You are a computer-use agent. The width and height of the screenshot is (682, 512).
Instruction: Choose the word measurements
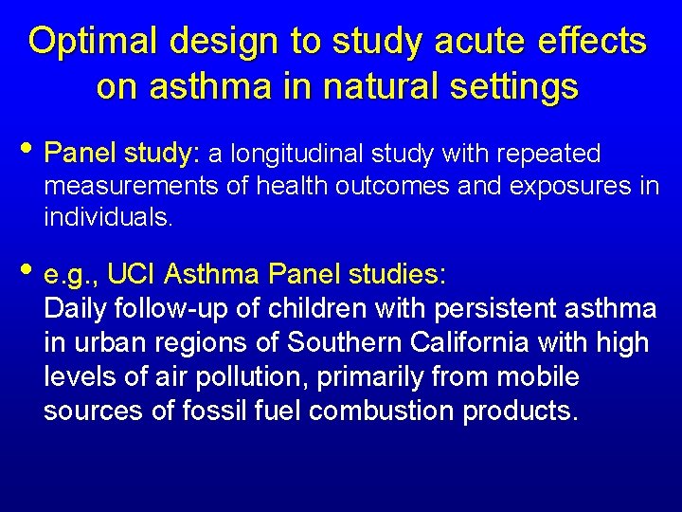pyautogui.click(x=113, y=186)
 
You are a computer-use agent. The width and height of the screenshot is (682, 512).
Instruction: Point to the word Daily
pyautogui.click(x=75, y=309)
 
